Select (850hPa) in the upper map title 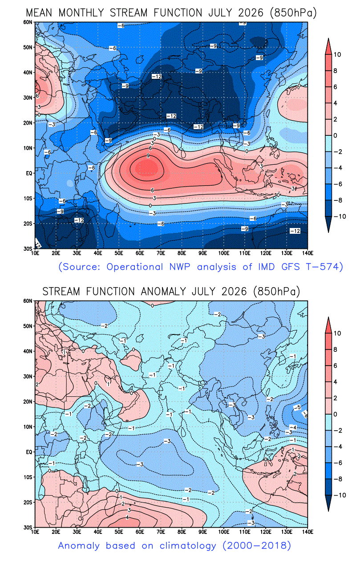tap(293, 13)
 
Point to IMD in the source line tap(266, 267)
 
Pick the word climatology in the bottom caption tap(188, 546)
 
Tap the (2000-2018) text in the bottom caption tap(257, 546)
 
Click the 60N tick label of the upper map tap(28, 22)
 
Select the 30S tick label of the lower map tap(28, 527)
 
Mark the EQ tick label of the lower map tap(29, 452)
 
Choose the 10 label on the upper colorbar tap(337, 55)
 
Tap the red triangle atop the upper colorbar tap(328, 46)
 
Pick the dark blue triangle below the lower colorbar tap(328, 503)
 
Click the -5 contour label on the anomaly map tap(297, 407)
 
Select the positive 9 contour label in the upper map tap(148, 156)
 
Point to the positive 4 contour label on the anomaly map tap(127, 517)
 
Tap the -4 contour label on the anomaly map tap(293, 428)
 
